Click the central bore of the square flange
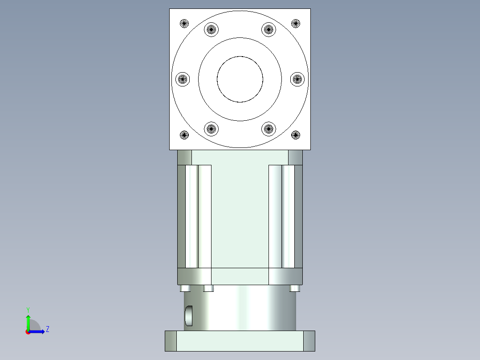240,79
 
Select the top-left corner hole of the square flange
184,23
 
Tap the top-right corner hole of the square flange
296,23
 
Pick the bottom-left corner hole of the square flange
184,135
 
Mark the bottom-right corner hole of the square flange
296,135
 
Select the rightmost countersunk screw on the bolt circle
297,79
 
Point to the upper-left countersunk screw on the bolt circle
212,30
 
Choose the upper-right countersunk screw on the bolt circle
268,30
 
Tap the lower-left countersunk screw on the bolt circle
212,129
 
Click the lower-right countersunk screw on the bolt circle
268,129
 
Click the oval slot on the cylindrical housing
189,315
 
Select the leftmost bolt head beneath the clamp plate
186,288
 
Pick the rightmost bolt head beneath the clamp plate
294,288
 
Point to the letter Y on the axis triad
28,309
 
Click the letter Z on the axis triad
47,329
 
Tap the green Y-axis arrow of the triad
28,322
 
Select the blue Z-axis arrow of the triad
38,331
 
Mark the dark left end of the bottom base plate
171,341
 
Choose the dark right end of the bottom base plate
309,341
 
